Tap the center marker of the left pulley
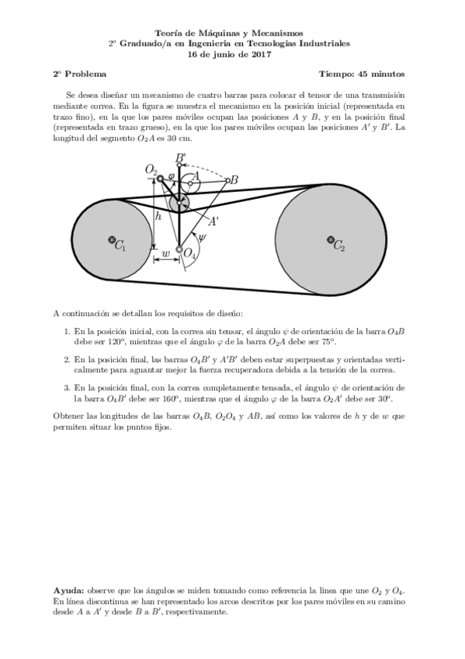[x=113, y=239]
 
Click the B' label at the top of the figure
[x=180, y=158]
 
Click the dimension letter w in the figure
[x=165, y=254]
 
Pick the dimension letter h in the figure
[x=158, y=217]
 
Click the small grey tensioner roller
[x=179, y=203]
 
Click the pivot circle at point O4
[x=179, y=250]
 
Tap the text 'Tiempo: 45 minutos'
[x=361, y=74]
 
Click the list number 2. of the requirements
[x=67, y=360]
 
